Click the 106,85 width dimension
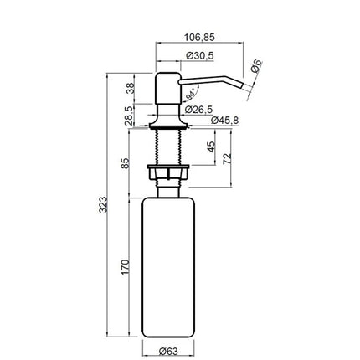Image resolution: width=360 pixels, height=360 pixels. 199,37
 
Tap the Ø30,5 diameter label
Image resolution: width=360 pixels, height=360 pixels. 200,56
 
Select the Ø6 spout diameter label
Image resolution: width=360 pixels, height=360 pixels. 257,66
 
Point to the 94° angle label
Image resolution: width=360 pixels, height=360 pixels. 191,95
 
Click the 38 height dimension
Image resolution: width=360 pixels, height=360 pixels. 131,89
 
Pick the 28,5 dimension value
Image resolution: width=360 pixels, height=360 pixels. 131,116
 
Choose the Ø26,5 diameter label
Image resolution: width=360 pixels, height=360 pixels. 198,110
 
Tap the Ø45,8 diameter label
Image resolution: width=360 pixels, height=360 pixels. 225,121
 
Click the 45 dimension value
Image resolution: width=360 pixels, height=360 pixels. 211,147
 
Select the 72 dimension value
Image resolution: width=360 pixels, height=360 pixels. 227,158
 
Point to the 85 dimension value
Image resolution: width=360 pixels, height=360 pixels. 126,163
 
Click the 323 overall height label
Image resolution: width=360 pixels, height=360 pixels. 103,204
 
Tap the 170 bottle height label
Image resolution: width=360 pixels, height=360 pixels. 126,267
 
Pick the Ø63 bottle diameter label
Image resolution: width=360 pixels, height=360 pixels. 168,351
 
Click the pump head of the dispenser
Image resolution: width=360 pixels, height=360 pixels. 168,89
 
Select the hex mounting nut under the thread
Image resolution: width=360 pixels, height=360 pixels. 168,172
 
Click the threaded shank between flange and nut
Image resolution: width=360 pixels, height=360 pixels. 168,147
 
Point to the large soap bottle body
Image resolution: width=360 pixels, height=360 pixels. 168,267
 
